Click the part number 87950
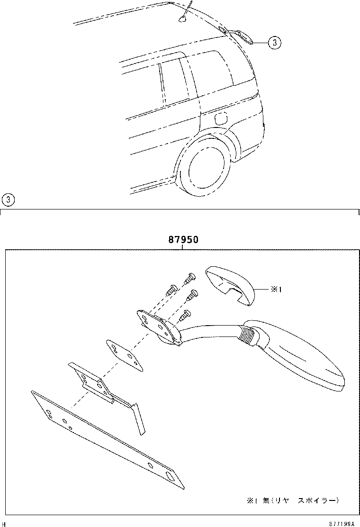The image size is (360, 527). [182, 240]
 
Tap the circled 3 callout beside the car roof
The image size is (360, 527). [274, 43]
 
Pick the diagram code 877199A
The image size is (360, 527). [342, 523]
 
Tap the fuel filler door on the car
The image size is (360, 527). [221, 118]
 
